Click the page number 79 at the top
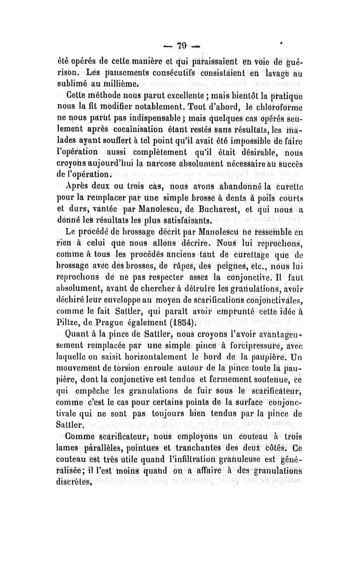181,46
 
